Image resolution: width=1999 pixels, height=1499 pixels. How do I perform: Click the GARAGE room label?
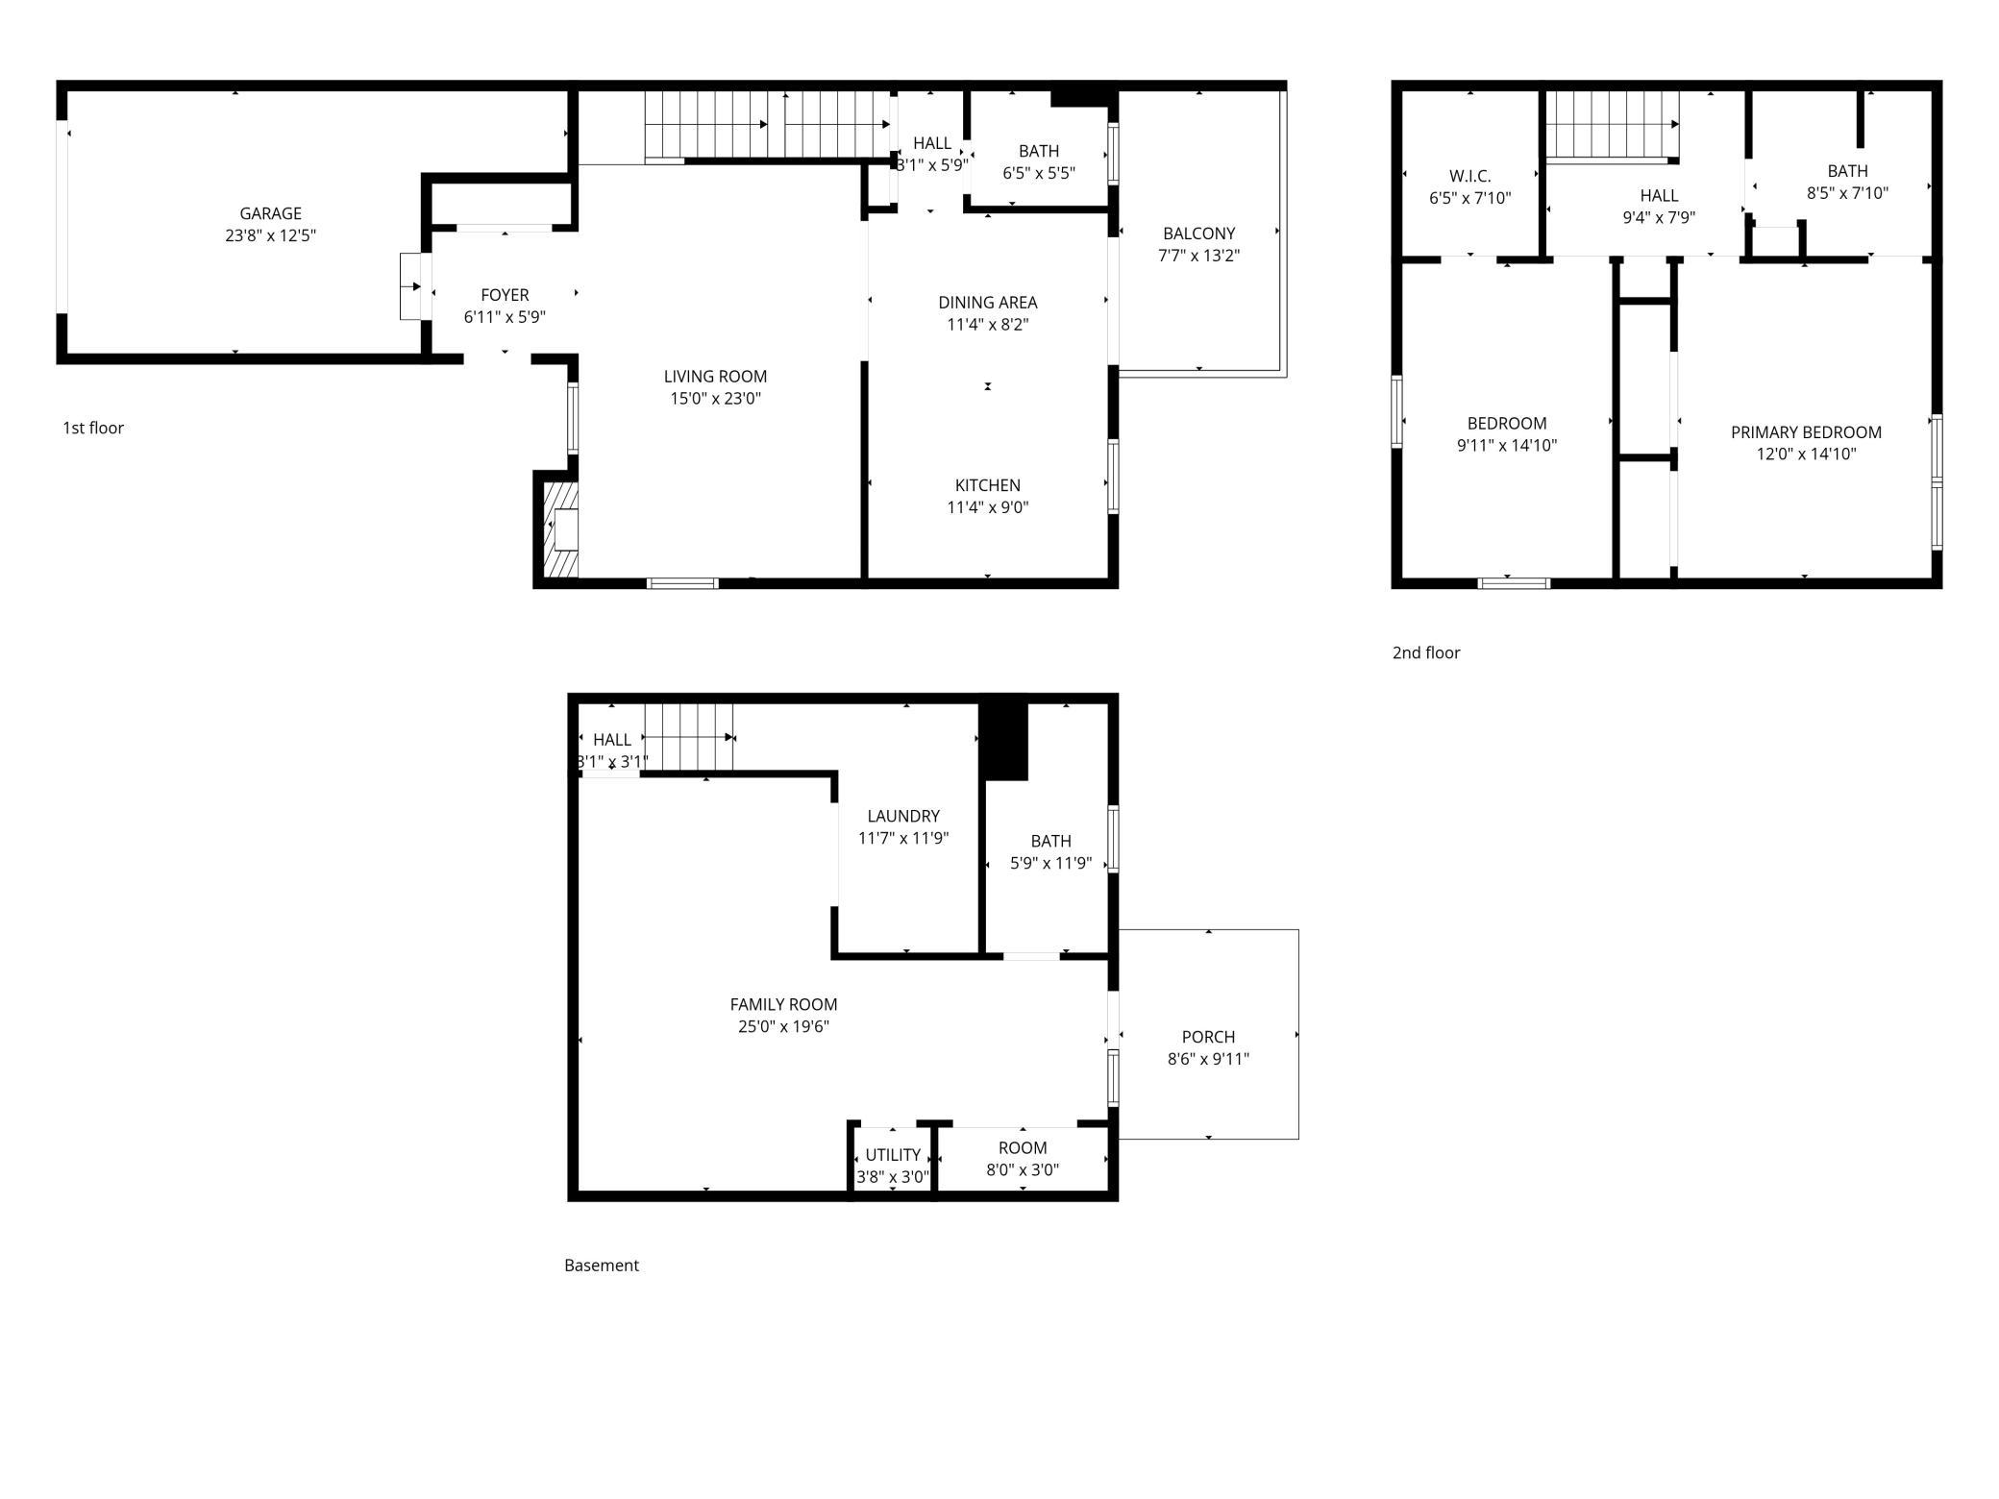(x=270, y=213)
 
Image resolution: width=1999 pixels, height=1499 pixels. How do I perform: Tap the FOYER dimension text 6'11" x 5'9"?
(x=505, y=317)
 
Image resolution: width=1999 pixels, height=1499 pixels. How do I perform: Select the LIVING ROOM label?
(x=715, y=377)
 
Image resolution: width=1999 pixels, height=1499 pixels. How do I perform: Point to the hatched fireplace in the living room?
(x=561, y=529)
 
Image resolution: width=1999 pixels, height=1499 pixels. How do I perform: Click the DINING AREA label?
(x=988, y=303)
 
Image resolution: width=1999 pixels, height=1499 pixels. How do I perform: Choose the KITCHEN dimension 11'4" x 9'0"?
(x=988, y=507)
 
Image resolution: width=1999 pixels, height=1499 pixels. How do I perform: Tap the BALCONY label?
(x=1198, y=233)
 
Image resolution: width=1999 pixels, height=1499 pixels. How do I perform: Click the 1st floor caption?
(x=93, y=428)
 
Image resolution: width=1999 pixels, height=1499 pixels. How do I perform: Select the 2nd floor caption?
(x=1426, y=652)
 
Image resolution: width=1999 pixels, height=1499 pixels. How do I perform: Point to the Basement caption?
(x=602, y=1266)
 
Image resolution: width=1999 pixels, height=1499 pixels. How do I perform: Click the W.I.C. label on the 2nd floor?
(x=1470, y=177)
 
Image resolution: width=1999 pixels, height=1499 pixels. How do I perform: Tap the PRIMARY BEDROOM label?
(x=1806, y=432)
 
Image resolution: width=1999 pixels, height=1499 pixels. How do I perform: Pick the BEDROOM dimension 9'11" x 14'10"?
(x=1507, y=445)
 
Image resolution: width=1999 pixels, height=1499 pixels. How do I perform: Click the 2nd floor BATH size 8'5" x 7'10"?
(x=1847, y=192)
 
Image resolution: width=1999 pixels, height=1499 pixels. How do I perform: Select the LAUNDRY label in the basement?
(x=903, y=816)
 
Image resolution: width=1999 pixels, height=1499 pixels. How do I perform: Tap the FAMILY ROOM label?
(x=783, y=1004)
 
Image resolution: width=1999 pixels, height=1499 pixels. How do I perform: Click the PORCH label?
(x=1208, y=1037)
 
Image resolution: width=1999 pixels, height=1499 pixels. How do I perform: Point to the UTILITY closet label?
(x=893, y=1155)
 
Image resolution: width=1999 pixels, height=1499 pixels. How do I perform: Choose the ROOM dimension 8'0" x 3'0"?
(x=1023, y=1169)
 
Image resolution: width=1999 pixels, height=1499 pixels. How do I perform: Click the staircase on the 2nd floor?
(x=1613, y=124)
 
